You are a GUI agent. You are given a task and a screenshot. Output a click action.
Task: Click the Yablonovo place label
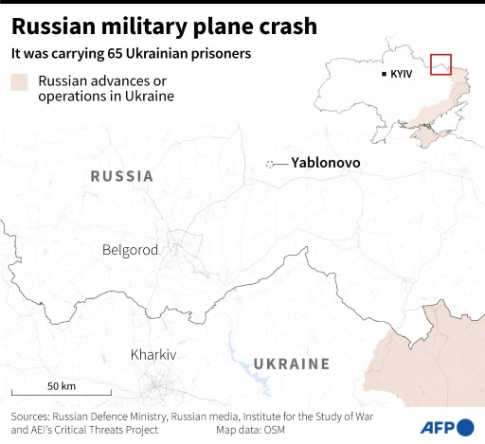[x=325, y=163]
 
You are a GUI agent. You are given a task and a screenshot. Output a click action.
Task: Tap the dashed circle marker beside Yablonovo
[x=270, y=164]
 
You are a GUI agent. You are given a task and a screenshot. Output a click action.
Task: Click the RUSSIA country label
[x=121, y=176]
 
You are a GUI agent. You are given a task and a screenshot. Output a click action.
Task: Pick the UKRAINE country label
[x=291, y=364]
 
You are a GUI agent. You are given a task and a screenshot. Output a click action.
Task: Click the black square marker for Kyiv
[x=384, y=74]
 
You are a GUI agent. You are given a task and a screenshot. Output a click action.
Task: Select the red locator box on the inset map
[x=440, y=64]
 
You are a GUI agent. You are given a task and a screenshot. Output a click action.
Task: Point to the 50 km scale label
[x=62, y=385]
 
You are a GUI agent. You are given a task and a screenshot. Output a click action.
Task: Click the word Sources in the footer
[x=35, y=416]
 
